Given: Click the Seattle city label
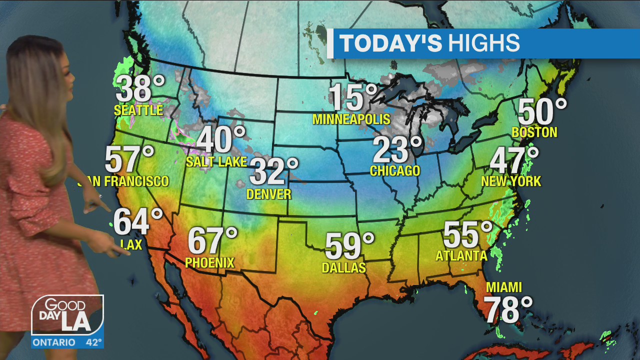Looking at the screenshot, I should [x=138, y=110].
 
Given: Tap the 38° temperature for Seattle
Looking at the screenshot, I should [x=139, y=89].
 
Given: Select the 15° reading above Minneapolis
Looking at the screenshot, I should [x=352, y=97].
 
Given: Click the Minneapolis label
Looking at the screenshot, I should [x=351, y=119].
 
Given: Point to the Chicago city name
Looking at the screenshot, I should [x=395, y=171].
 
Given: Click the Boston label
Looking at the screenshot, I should [x=534, y=132].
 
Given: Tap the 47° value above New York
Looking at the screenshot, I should [x=514, y=160].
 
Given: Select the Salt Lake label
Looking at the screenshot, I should [x=216, y=162].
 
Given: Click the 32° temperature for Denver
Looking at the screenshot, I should [x=273, y=171].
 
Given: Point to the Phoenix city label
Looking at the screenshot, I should [x=209, y=262].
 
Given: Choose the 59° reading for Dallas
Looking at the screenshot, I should [x=349, y=246].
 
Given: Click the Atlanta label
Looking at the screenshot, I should [x=461, y=256].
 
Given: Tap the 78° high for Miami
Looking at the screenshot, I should [x=508, y=310].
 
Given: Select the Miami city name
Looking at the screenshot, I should [x=504, y=287].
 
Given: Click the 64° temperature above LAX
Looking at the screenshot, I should [x=137, y=222].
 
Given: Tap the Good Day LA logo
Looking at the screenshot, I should [x=67, y=315].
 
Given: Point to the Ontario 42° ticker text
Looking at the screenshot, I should [x=67, y=342].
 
